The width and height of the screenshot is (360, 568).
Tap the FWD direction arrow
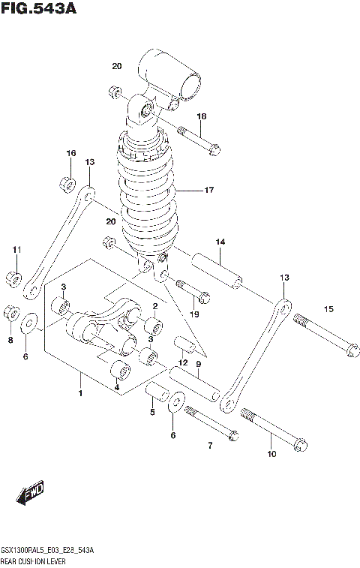tap(31, 493)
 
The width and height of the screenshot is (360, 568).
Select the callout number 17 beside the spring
tap(209, 191)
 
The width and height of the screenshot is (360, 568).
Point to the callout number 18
tap(202, 116)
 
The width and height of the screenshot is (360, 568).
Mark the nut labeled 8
tap(11, 311)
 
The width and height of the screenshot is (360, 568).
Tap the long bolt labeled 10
tap(274, 431)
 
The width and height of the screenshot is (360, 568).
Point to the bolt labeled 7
tap(211, 422)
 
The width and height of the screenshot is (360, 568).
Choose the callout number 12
tap(181, 362)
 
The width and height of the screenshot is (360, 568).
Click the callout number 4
tap(116, 387)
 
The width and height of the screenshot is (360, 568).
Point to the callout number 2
tap(154, 306)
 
